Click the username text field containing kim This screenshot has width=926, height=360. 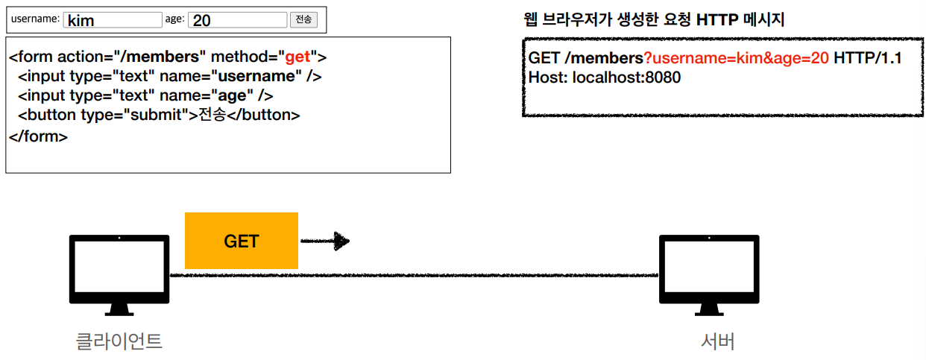112,20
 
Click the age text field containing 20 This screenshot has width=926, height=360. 237,20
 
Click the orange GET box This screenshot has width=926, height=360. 241,241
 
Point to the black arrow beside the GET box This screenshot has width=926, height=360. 325,241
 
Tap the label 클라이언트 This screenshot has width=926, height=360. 119,341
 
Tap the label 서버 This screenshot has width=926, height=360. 718,341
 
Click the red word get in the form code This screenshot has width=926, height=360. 297,57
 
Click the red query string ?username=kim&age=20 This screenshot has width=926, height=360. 736,59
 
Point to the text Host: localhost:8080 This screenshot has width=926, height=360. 605,78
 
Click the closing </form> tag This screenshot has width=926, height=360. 38,136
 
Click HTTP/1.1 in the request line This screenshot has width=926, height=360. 868,59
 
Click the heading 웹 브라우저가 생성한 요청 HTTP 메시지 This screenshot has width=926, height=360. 655,20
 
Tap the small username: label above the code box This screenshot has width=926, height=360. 35,19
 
